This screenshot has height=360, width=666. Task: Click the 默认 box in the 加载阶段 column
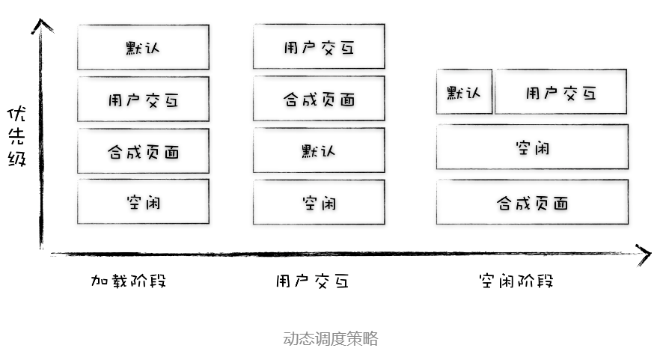coord(143,47)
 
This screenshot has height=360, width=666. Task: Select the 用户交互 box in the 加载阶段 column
coord(143,99)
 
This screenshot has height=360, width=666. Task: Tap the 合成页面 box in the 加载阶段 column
coord(143,150)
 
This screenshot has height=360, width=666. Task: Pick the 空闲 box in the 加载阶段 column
coord(143,201)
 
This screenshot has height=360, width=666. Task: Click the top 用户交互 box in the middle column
coord(319,46)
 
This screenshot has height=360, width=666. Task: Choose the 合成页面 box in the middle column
coord(319,98)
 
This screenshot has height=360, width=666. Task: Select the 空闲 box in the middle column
coord(319,201)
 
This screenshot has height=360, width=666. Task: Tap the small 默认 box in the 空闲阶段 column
coord(464,92)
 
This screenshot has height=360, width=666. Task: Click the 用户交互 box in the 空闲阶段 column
coord(560,92)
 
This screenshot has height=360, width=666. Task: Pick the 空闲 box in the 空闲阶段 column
coord(532,147)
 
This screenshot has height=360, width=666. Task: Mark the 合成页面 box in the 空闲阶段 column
coord(532,202)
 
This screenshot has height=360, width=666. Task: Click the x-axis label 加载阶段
coord(128,281)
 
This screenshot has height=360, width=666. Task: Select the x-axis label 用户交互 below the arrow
coord(311,281)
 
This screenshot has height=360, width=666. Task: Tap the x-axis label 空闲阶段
coord(516,281)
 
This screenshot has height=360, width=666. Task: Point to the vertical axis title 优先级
coord(16,136)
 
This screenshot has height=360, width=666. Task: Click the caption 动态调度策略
coord(331,338)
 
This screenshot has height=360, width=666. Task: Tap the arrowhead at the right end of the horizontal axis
coord(644,254)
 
